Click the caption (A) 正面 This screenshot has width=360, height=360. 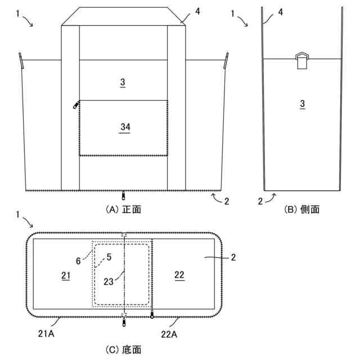coord(123,209)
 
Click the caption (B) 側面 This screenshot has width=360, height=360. coord(303,209)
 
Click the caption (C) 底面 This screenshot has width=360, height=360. coord(123,349)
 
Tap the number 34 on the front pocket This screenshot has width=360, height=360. coord(125,128)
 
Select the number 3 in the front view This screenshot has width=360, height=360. coord(123,83)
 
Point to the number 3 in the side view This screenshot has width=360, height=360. coord(302,103)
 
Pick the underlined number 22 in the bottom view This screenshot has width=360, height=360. coord(179,275)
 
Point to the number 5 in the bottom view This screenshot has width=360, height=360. coord(109,257)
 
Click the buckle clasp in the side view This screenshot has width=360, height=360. coord(303,59)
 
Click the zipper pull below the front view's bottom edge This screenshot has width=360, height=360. coord(124,196)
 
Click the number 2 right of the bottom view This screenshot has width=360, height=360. coord(233,258)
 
